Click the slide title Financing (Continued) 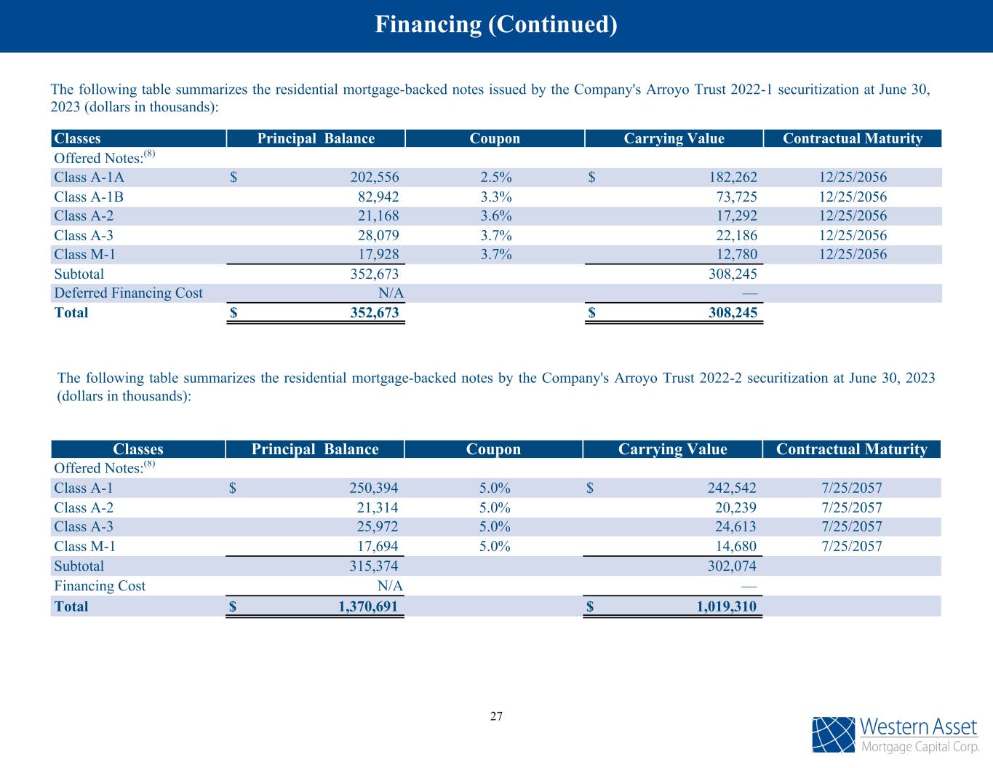496,25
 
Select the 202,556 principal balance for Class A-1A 373,177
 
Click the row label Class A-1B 84,197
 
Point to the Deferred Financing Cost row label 128,293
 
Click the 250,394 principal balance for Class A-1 372,488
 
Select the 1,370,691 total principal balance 369,606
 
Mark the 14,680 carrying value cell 733,547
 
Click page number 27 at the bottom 496,716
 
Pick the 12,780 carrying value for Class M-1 734,254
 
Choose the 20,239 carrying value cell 733,507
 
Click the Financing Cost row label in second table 100,586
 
